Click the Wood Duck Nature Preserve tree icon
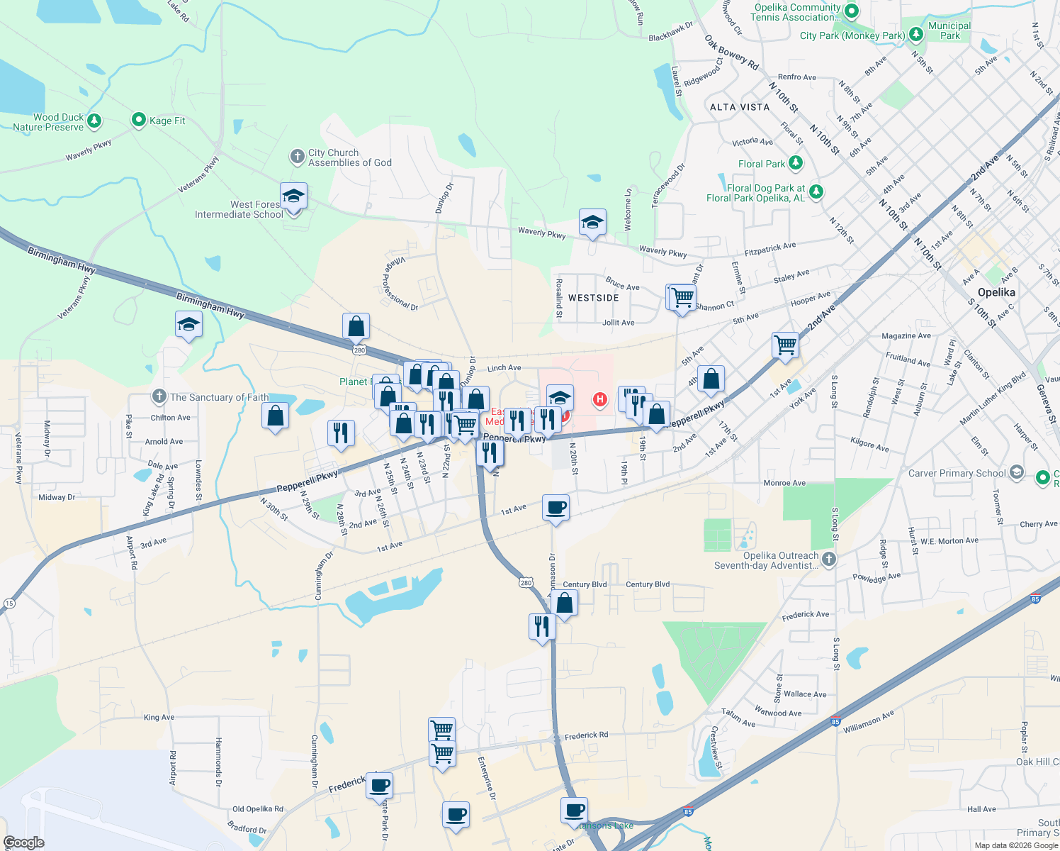pyautogui.click(x=94, y=121)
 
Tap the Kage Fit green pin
pyautogui.click(x=139, y=121)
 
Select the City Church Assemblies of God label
pyautogui.click(x=349, y=157)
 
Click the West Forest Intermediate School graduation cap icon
pyautogui.click(x=293, y=196)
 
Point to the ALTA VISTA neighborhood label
pyautogui.click(x=740, y=107)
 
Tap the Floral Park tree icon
pyautogui.click(x=796, y=163)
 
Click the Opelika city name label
pyautogui.click(x=996, y=292)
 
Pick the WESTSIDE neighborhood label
pyautogui.click(x=594, y=298)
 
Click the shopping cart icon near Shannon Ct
pyautogui.click(x=682, y=298)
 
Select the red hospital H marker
pyautogui.click(x=600, y=400)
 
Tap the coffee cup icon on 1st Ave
pyautogui.click(x=556, y=508)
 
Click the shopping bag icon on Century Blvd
pyautogui.click(x=565, y=604)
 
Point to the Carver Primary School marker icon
pyautogui.click(x=1016, y=473)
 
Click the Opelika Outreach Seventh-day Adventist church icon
pyautogui.click(x=828, y=560)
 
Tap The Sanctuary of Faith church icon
pyautogui.click(x=159, y=396)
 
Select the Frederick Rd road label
pyautogui.click(x=586, y=735)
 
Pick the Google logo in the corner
pyautogui.click(x=23, y=842)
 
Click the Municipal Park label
pyautogui.click(x=949, y=30)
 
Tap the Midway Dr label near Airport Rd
pyautogui.click(x=57, y=497)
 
